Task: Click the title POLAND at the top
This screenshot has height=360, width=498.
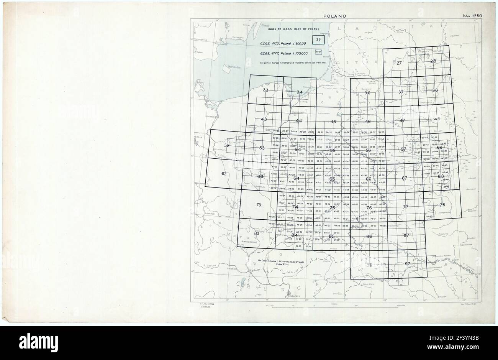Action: point(335,16)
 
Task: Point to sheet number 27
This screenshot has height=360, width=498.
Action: point(399,62)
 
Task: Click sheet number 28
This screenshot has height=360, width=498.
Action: point(433,61)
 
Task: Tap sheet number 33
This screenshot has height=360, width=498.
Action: point(265,90)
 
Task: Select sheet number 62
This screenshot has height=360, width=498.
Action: point(224,174)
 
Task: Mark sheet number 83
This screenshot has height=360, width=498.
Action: point(257,233)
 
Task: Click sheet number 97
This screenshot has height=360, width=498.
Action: point(407,264)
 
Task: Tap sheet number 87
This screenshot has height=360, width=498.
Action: point(406,235)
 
